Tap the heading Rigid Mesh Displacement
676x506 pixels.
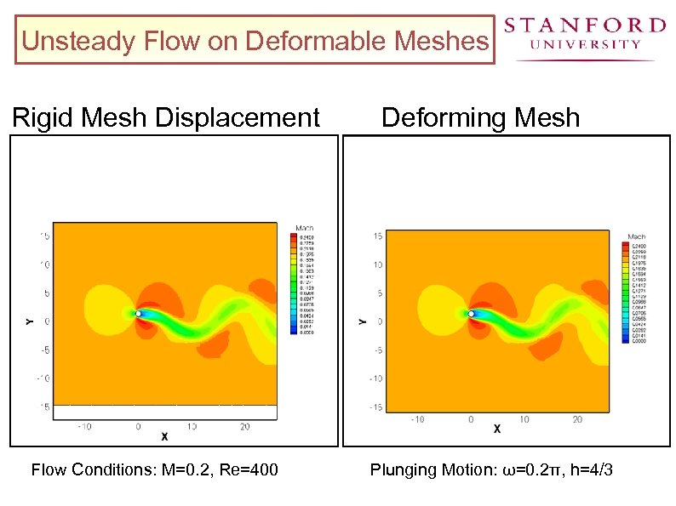pyautogui.click(x=166, y=117)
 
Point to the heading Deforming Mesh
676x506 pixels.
pyautogui.click(x=480, y=117)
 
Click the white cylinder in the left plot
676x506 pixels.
pyautogui.click(x=138, y=313)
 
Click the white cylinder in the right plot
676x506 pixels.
pyautogui.click(x=471, y=313)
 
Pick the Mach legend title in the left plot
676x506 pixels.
pyautogui.click(x=304, y=228)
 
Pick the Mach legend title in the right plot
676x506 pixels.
pyautogui.click(x=636, y=236)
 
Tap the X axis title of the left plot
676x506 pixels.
pyautogui.click(x=164, y=436)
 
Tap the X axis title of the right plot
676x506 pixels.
pyautogui.click(x=497, y=429)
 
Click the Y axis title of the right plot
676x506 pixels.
pyautogui.click(x=362, y=321)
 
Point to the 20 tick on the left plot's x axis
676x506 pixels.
pyautogui.click(x=244, y=427)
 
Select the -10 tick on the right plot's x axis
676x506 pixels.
pyautogui.click(x=417, y=419)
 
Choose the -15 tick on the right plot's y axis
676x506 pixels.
pyautogui.click(x=375, y=408)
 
